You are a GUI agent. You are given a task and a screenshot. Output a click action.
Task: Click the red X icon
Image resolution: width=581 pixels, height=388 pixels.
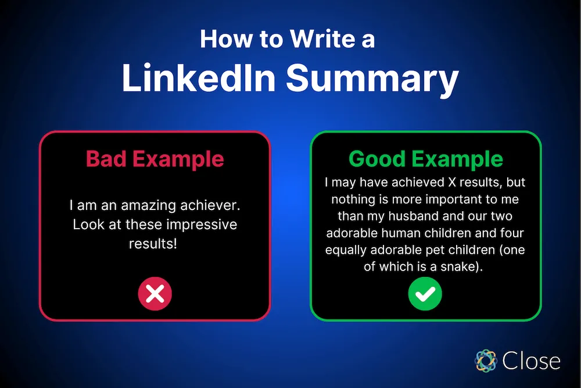(x=155, y=294)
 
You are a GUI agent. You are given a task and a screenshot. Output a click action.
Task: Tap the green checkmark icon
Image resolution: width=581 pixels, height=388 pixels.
(x=425, y=294)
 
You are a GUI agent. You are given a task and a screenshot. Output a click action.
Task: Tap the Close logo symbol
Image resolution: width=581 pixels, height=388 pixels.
(x=485, y=360)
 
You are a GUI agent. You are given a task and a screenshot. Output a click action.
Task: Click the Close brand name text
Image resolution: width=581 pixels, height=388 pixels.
(x=532, y=361)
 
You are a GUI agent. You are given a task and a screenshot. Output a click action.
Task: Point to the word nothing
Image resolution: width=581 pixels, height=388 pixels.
(x=353, y=200)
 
